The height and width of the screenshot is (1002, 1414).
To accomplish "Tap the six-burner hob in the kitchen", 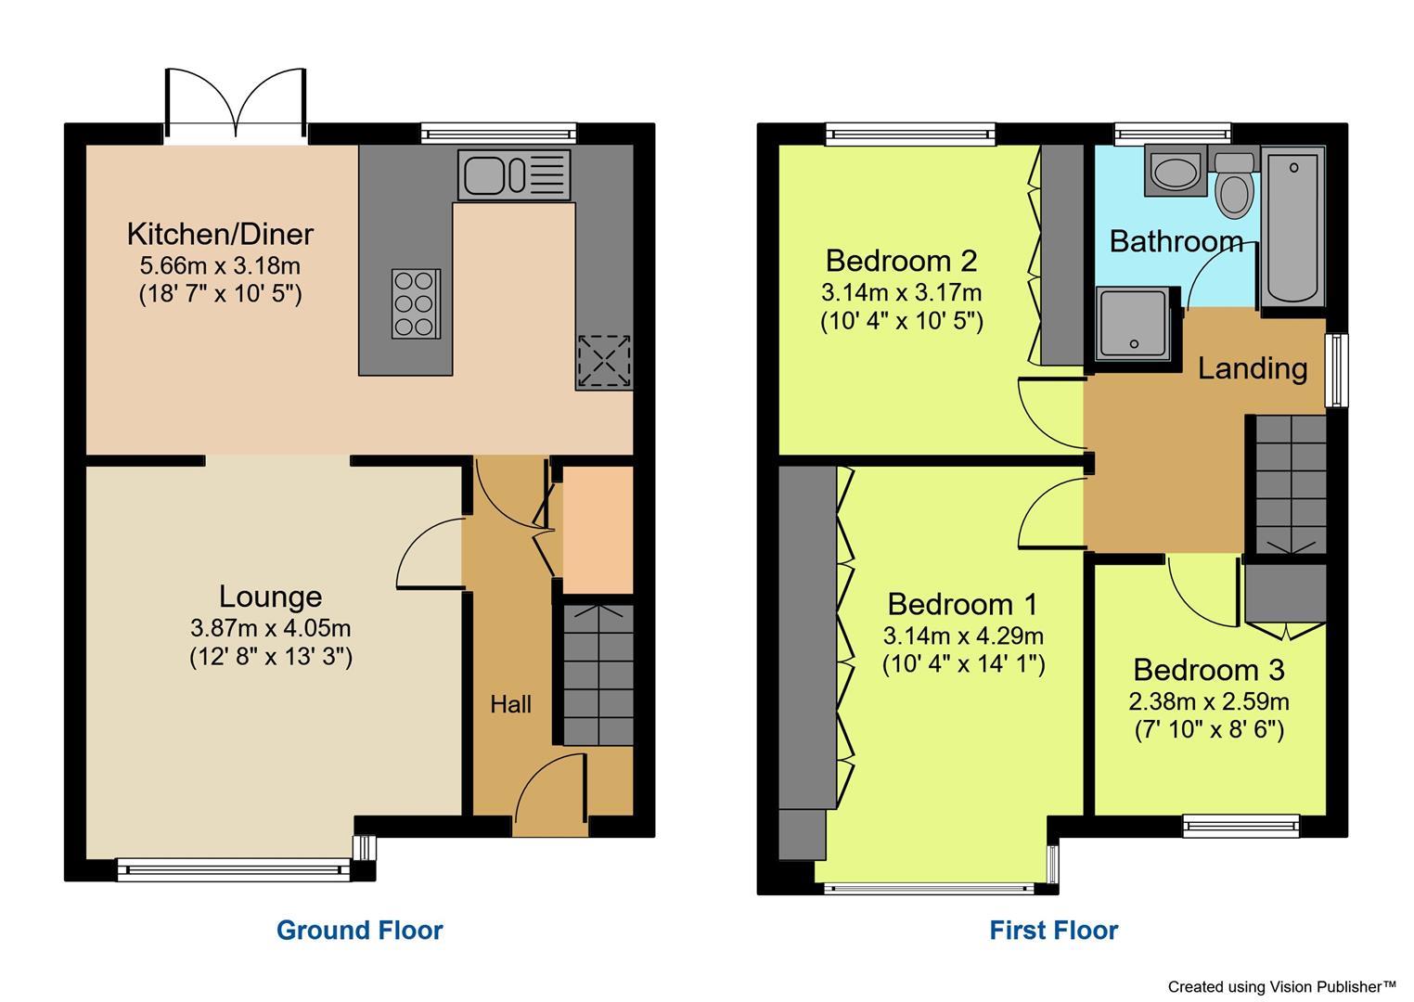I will pos(416,302).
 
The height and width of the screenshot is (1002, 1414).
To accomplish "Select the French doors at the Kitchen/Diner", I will pos(237,104).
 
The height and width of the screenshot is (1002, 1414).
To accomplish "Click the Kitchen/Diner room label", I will pos(220,233).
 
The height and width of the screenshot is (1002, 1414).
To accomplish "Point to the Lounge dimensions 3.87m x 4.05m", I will pos(271,628).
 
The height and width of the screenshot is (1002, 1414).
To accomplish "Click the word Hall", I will pos(510,704).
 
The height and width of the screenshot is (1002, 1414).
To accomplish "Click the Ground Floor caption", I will pos(359,930).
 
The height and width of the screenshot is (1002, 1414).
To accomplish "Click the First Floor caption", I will pos(1053,930).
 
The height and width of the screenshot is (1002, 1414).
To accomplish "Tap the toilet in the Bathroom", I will pos(1234,185).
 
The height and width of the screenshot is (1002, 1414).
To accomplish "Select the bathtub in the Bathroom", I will pos(1292,225).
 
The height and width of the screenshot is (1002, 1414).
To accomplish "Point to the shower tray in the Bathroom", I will pos(1134,323).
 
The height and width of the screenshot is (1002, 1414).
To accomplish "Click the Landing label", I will pos(1252,368).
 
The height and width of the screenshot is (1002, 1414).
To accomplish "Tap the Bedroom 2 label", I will pos(901,260).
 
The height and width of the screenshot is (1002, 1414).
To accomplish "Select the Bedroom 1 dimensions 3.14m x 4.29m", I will pos(963,636).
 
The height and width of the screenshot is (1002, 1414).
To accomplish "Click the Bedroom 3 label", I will pos(1208,669).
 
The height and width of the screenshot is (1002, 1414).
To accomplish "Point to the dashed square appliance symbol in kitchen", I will pos(603,362).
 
